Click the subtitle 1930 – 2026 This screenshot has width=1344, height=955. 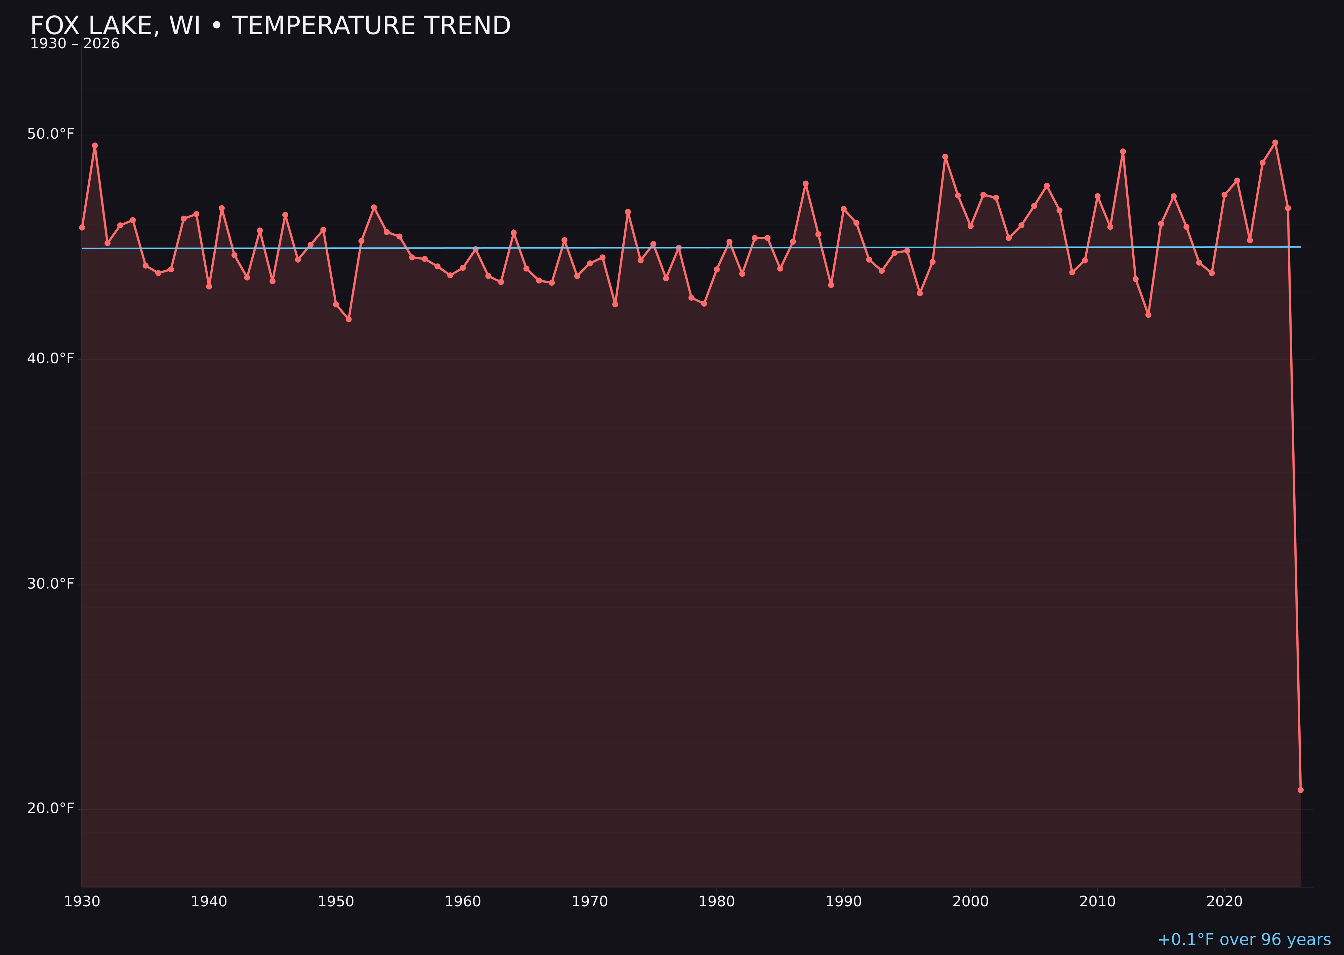(75, 44)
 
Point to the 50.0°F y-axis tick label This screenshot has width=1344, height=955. (51, 134)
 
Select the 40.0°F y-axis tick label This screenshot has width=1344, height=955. (51, 359)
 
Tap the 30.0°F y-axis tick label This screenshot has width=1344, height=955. (51, 584)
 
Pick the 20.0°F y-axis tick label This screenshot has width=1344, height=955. (51, 809)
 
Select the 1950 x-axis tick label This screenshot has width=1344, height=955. (336, 902)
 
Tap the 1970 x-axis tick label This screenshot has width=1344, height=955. (590, 902)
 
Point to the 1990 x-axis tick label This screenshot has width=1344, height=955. (843, 902)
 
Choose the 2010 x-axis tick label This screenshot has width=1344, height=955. (1097, 902)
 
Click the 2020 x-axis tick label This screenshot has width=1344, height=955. (1224, 902)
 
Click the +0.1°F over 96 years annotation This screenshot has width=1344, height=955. (1244, 940)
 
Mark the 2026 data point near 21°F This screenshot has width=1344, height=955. (1300, 790)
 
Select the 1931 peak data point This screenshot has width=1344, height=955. (95, 145)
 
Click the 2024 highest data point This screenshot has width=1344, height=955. (1275, 142)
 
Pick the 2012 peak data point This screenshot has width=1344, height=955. (1123, 151)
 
